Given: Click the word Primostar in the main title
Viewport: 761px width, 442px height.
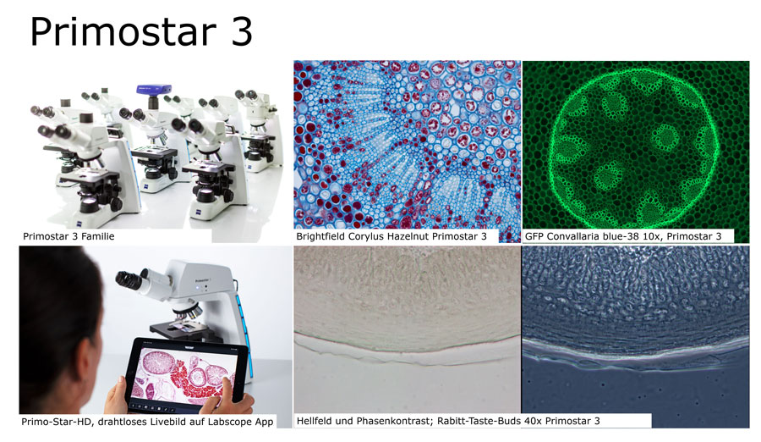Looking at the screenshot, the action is [x=123, y=31].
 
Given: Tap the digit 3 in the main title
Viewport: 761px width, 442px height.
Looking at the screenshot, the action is [x=241, y=31].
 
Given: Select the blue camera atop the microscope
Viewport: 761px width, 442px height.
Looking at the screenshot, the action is [x=153, y=90].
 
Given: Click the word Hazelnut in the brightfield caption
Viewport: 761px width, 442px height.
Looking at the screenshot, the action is [x=408, y=236].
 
